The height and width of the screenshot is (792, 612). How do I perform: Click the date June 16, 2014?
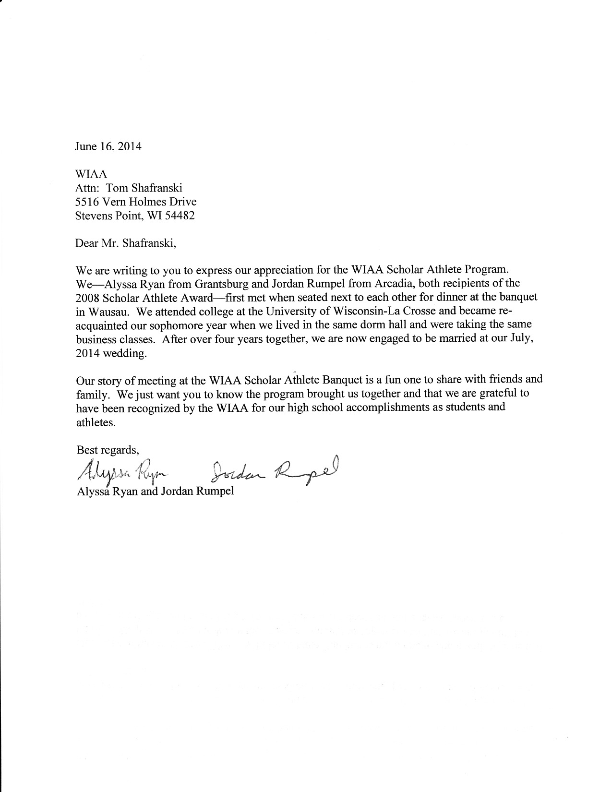coord(108,146)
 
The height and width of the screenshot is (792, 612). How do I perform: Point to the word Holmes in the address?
coord(151,202)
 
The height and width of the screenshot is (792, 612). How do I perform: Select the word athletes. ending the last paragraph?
coord(96,423)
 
